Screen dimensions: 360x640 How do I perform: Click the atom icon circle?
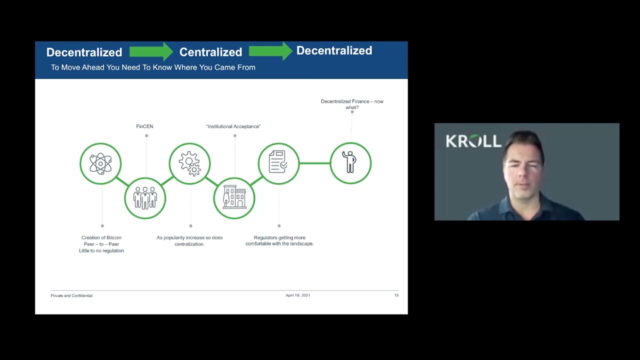click(100, 163)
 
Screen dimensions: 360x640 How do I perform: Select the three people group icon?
click(145, 198)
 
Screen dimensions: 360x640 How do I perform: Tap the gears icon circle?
click(189, 163)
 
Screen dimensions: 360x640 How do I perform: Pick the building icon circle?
click(234, 198)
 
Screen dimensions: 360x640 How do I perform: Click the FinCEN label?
click(144, 126)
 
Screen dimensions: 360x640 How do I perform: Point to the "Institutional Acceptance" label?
click(233, 126)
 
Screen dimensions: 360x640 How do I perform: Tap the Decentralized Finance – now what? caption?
click(352, 104)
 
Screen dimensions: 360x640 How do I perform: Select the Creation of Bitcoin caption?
click(101, 244)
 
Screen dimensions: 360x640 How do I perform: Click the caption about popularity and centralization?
click(189, 240)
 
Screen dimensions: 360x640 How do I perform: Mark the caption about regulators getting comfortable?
click(279, 240)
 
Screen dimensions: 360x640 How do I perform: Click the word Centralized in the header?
click(210, 52)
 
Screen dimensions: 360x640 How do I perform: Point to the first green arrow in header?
click(151, 51)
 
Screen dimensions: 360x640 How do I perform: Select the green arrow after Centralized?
click(270, 51)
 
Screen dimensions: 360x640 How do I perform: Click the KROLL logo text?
click(473, 141)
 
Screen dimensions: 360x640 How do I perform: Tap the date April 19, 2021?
click(298, 295)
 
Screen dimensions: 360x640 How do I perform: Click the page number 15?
click(396, 295)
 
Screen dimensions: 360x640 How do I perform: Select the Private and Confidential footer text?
click(71, 295)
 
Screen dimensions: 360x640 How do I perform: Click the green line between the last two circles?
click(314, 163)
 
